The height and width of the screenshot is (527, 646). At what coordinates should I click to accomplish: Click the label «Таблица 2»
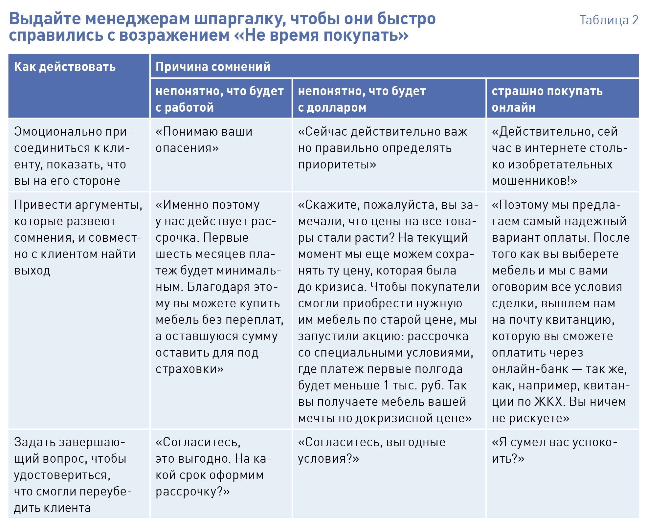coord(609,20)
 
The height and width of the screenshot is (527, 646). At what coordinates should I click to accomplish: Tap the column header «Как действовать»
coord(65,67)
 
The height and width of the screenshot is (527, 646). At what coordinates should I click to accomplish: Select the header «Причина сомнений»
coord(213,67)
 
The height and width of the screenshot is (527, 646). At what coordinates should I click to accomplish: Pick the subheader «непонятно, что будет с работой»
coord(219,99)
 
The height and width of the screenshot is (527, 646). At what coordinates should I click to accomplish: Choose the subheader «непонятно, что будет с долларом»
coord(362,99)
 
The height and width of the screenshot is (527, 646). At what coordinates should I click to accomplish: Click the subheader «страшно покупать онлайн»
coord(547,99)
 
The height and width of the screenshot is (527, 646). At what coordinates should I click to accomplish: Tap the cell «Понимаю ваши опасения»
coord(204,140)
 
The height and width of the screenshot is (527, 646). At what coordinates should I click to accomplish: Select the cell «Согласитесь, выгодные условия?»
coord(371,450)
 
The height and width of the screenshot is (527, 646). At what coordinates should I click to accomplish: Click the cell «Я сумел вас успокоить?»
coord(554,450)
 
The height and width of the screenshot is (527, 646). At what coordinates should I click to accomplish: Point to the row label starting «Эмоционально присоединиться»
coord(73,156)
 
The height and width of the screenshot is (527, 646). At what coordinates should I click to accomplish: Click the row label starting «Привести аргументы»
coord(78,237)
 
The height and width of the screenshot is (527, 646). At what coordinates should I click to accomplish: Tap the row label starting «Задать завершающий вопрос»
coord(73,475)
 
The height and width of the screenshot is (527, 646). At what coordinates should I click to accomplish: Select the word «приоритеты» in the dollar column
coord(336,165)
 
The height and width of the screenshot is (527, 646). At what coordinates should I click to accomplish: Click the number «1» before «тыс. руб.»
coord(387,385)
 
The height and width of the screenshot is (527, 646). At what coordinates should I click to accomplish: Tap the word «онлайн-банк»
coord(530,369)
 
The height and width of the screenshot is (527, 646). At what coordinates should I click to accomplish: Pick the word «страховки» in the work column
coord(189,369)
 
